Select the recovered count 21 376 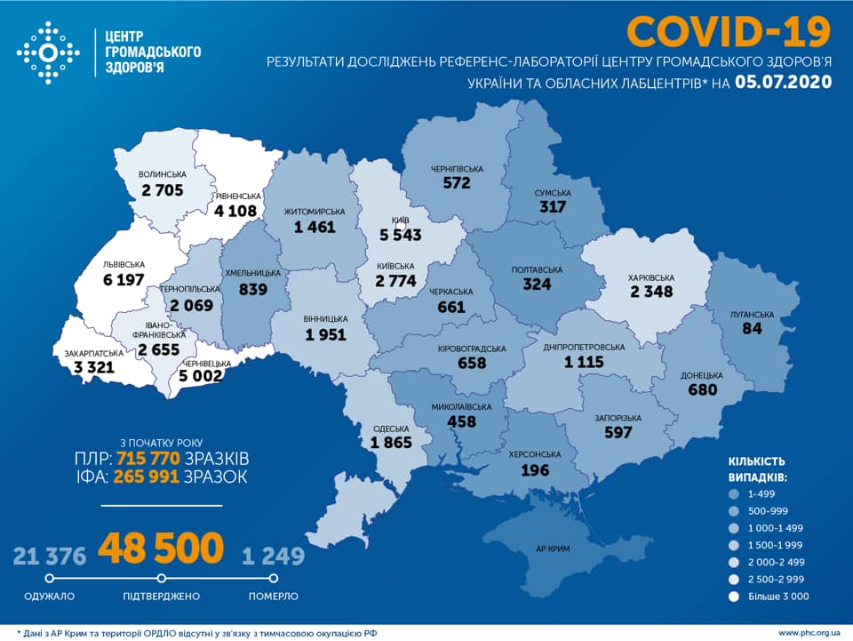pos(50,557)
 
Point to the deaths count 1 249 pos(273,557)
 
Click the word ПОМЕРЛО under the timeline pos(274,597)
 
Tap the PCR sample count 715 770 pos(147,459)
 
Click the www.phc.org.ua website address pos(809,632)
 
